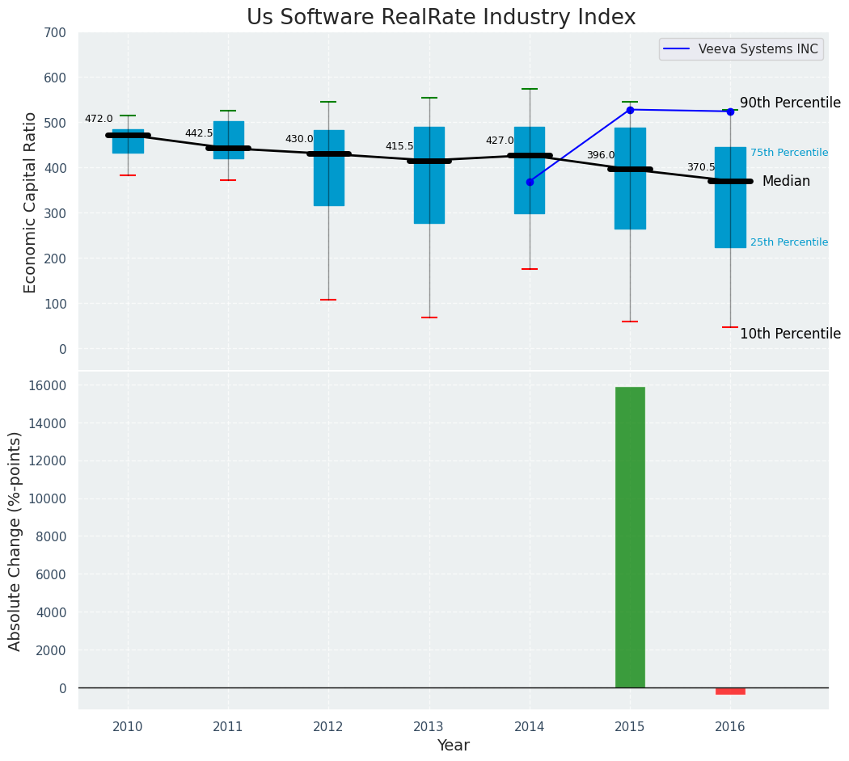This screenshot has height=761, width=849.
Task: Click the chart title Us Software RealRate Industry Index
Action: click(441, 18)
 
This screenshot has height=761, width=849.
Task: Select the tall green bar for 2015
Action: click(630, 537)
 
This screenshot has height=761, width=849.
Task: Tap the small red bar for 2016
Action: click(730, 691)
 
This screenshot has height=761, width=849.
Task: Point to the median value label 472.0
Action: click(99, 119)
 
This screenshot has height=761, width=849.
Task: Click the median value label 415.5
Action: click(399, 146)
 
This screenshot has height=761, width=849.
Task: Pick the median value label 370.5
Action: click(701, 167)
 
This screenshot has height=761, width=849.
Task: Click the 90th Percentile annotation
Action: click(790, 103)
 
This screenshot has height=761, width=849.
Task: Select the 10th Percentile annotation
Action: click(790, 334)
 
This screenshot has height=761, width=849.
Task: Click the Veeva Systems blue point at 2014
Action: click(530, 182)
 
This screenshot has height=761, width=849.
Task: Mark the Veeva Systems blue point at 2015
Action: click(630, 110)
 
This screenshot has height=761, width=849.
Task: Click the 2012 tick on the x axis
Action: click(328, 727)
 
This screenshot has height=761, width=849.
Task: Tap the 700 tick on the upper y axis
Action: click(54, 33)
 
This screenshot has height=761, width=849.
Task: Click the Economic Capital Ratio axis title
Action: click(31, 202)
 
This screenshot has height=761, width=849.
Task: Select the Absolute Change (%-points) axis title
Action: click(15, 540)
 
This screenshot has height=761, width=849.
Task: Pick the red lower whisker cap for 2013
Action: click(429, 317)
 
